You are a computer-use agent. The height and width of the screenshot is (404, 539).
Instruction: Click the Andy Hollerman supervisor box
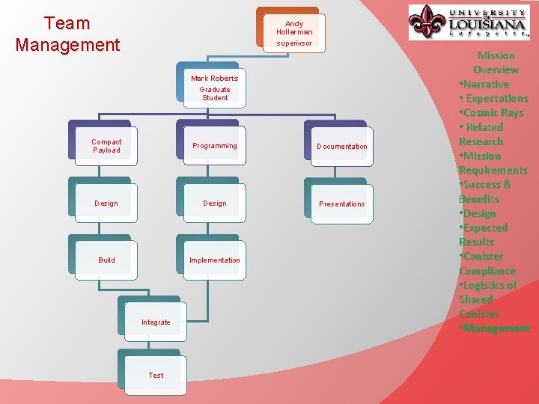point(294,33)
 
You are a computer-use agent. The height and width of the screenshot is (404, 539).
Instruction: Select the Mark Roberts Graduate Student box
point(214,88)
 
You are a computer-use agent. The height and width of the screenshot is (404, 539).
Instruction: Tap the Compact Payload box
point(106,146)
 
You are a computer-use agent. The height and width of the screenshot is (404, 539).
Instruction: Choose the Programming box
point(214,146)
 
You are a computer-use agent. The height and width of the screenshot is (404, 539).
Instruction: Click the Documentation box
point(341,147)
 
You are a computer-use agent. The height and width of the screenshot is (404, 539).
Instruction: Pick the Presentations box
point(341,203)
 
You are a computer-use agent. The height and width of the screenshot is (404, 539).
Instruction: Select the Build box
point(106,260)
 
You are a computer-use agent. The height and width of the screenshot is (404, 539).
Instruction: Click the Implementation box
point(214,260)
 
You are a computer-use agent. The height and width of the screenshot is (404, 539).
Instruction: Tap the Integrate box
point(156,322)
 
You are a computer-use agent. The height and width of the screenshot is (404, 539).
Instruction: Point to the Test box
point(156,375)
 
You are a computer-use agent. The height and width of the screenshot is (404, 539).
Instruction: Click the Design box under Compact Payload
point(106,203)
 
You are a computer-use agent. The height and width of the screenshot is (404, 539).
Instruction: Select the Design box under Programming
point(214,203)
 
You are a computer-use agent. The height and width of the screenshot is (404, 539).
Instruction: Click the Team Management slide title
point(67,34)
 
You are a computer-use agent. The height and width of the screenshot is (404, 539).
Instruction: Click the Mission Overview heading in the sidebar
point(496,63)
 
